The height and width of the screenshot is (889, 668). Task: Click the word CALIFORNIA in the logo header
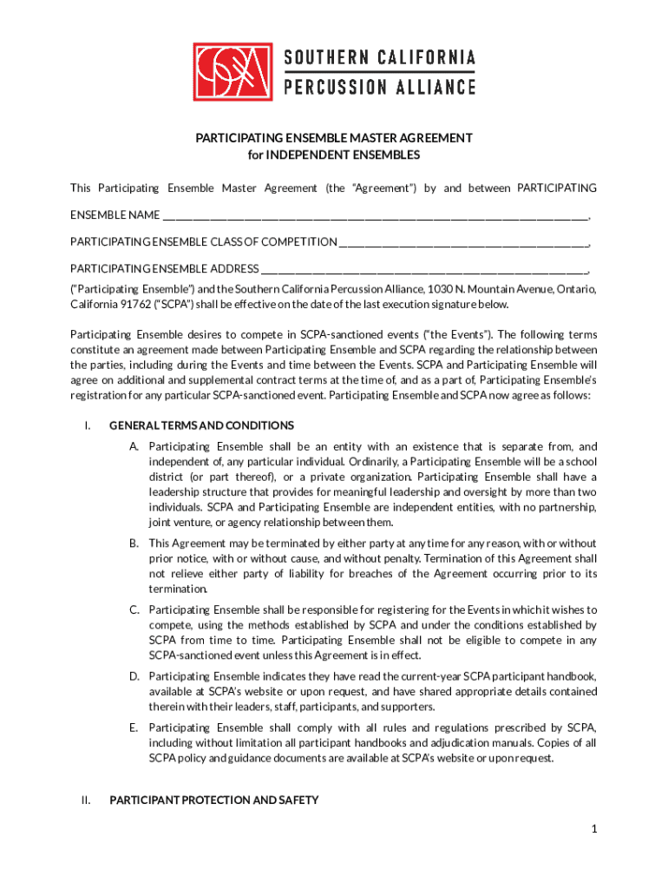[425, 58]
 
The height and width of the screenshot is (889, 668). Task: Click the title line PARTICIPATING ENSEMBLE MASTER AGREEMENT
[333, 138]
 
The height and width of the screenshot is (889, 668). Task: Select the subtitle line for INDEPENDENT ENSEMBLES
[333, 155]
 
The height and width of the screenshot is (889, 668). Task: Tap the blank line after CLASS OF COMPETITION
[464, 242]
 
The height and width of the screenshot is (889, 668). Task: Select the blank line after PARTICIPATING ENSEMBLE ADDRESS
[425, 269]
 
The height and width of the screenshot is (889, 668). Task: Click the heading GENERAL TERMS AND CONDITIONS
[201, 425]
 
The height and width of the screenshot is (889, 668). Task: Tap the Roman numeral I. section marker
[87, 425]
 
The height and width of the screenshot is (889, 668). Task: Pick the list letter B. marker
[134, 543]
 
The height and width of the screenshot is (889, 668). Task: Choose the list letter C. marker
[134, 610]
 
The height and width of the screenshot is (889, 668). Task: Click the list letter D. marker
[134, 676]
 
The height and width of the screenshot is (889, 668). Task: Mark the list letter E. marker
[134, 728]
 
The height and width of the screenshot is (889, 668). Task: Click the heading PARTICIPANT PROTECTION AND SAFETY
[213, 800]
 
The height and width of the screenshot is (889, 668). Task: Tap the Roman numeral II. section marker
[86, 800]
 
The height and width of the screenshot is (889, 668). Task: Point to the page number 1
[594, 830]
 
